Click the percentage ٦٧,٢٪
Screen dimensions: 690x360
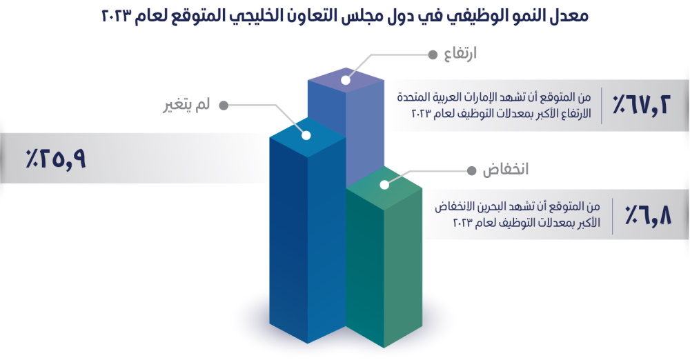641,106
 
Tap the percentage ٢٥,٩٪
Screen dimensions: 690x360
55,159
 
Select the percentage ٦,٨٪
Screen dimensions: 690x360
648,216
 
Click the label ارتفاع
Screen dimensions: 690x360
460,54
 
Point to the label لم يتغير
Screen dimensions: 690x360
186,106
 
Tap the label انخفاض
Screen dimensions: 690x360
506,170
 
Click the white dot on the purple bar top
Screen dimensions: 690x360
346,80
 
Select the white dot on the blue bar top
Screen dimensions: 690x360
306,135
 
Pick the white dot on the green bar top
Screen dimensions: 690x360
384,184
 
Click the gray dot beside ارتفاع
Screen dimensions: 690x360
433,54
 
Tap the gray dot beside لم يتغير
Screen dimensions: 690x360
224,106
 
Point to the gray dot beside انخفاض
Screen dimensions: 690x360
471,170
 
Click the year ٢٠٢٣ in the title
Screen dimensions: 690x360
117,17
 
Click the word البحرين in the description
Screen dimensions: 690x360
501,207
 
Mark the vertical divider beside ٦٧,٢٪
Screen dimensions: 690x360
602,106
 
